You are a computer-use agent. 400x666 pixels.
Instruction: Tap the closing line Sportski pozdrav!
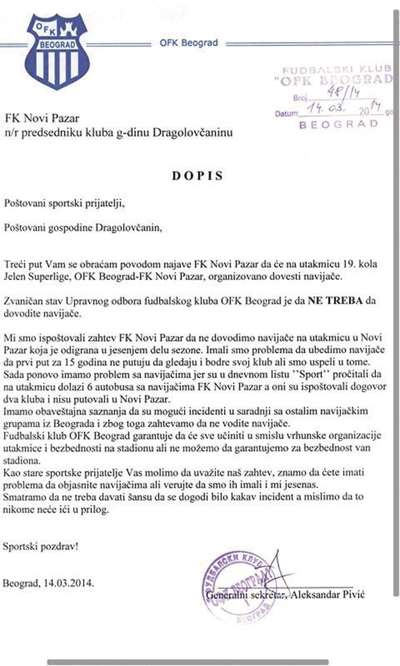tap(40, 546)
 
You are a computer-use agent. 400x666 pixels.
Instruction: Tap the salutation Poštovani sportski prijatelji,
tap(62, 203)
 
